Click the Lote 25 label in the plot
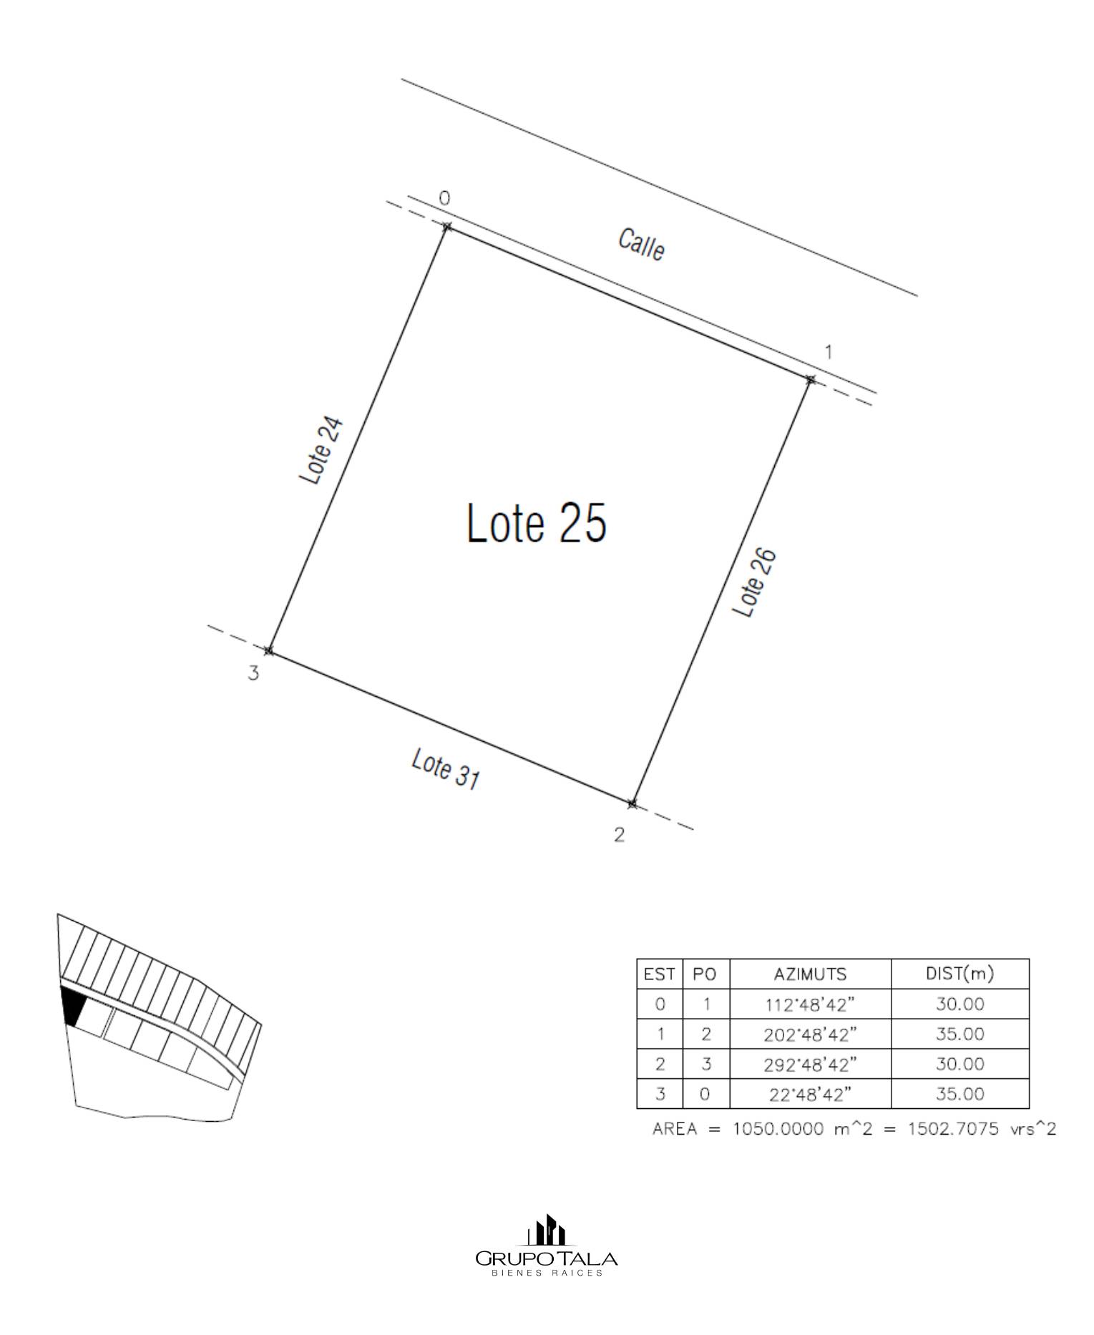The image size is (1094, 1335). point(537,522)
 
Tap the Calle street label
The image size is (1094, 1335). point(642,245)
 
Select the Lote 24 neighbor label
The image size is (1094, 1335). point(323,451)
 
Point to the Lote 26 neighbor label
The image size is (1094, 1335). point(754,582)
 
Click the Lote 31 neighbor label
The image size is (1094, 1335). point(445,769)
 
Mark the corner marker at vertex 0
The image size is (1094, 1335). point(447,227)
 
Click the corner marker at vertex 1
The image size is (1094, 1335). point(810,379)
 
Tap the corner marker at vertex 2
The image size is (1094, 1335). point(632,804)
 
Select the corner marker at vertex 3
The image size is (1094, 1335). point(269,651)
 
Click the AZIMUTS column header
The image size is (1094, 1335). point(810,974)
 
